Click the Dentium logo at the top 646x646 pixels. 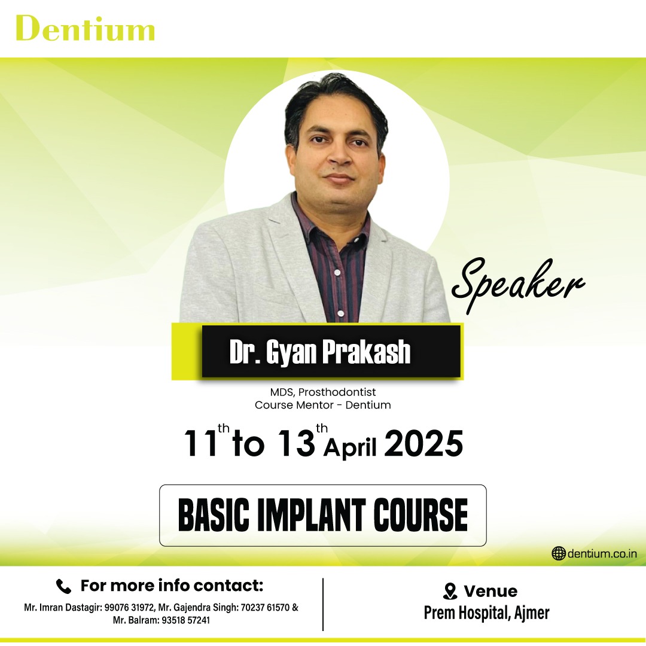click(x=86, y=28)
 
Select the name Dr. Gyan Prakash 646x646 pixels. click(x=320, y=352)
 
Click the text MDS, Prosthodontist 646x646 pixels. click(x=323, y=392)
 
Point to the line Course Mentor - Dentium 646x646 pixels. click(x=323, y=405)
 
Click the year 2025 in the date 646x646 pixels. click(x=423, y=443)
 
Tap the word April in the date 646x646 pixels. click(x=350, y=448)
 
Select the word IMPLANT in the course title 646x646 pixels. click(x=312, y=516)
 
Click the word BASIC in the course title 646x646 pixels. click(x=214, y=516)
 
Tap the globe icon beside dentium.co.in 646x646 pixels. click(x=558, y=553)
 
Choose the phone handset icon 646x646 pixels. click(x=63, y=586)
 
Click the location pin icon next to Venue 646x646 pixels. click(x=450, y=592)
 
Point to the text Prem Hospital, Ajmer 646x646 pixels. click(x=486, y=613)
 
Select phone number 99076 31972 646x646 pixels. click(x=130, y=608)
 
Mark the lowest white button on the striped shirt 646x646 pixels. click(x=341, y=313)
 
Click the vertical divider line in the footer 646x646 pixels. click(x=323, y=604)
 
